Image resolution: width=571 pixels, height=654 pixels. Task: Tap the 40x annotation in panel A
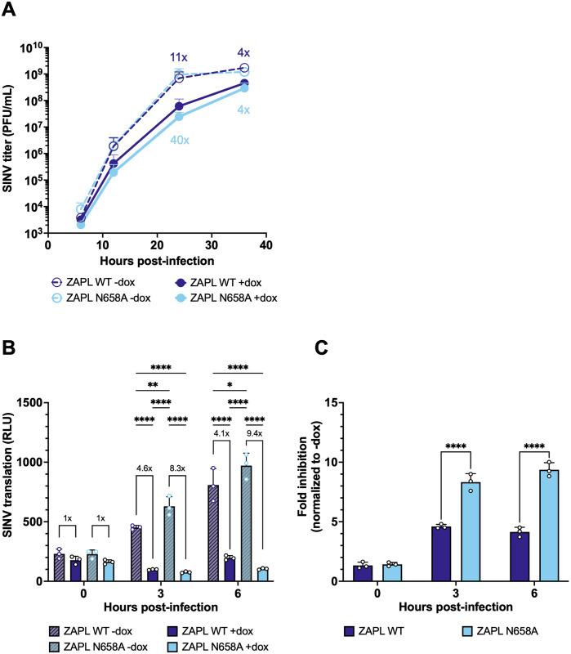pyautogui.click(x=180, y=140)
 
